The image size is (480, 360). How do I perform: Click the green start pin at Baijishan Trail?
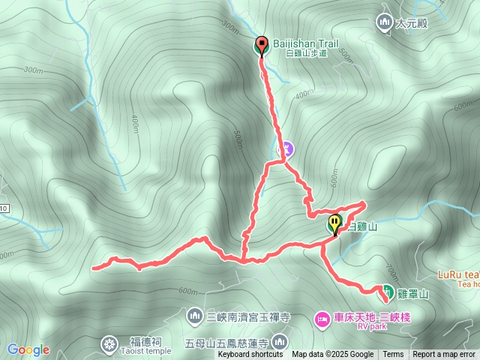(x=262, y=45)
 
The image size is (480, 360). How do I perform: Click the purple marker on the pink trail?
(x=285, y=150)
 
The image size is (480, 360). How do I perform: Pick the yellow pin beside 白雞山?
(x=334, y=223)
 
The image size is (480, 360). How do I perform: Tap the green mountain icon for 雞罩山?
(x=388, y=291)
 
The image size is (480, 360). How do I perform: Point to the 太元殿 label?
(x=411, y=23)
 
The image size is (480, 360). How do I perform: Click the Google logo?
(x=28, y=349)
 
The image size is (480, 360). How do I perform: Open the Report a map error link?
(x=444, y=355)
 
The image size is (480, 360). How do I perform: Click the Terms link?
(x=393, y=355)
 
